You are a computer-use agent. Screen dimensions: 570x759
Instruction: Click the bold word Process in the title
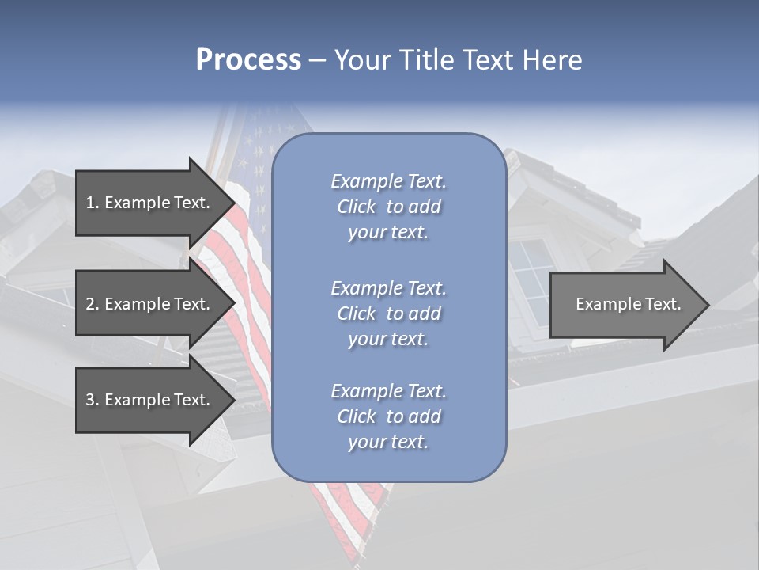(248, 60)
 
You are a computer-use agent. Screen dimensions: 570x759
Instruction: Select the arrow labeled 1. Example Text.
(150, 203)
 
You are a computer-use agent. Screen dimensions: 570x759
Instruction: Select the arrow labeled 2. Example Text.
(150, 304)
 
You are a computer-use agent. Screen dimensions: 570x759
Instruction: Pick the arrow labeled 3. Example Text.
(150, 400)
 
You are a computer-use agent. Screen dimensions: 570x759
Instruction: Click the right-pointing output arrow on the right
(625, 304)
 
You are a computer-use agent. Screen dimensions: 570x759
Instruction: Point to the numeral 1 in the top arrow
(90, 203)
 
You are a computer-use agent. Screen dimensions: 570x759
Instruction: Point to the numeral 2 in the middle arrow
(90, 304)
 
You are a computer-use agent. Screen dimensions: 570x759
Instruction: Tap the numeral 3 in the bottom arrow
(90, 400)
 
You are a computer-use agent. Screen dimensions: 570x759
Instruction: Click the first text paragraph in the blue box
(388, 207)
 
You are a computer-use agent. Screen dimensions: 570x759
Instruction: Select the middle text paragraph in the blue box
(388, 313)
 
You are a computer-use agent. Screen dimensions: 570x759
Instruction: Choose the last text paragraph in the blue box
(388, 416)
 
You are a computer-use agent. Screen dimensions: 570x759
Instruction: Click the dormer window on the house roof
(530, 277)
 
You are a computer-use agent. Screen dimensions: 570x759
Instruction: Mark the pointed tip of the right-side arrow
(708, 305)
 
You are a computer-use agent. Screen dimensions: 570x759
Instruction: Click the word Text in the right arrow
(663, 304)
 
